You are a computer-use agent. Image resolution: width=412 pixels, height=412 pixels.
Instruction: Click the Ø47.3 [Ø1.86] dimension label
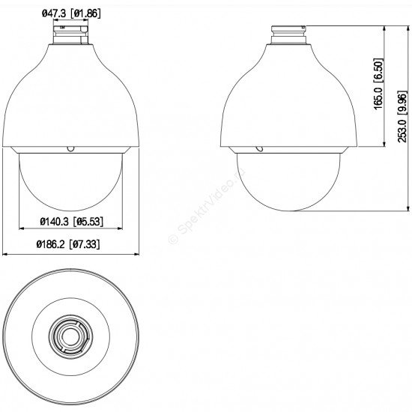click(71, 13)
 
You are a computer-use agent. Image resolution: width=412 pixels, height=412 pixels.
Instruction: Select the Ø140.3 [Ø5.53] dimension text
click(71, 222)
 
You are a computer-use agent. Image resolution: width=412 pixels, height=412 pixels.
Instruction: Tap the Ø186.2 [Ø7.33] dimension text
click(68, 244)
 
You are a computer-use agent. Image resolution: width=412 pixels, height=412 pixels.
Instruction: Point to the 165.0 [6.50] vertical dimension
click(378, 84)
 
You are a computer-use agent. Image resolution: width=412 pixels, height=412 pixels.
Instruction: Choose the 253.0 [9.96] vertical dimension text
click(402, 116)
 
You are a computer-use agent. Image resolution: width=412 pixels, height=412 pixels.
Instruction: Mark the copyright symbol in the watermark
click(173, 239)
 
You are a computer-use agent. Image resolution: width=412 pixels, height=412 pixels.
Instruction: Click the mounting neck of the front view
click(70, 34)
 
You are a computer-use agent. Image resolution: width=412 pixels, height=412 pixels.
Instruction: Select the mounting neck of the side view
click(288, 34)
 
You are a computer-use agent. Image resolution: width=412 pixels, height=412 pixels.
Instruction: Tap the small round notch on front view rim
click(70, 149)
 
